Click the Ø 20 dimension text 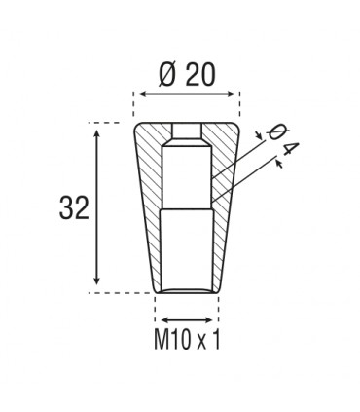point(185,73)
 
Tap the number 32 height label point(75,207)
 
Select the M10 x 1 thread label point(185,341)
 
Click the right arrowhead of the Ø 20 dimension point(234,94)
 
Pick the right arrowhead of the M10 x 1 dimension point(213,319)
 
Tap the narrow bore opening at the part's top point(185,130)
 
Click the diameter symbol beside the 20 point(162,73)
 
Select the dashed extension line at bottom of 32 point(122,291)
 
